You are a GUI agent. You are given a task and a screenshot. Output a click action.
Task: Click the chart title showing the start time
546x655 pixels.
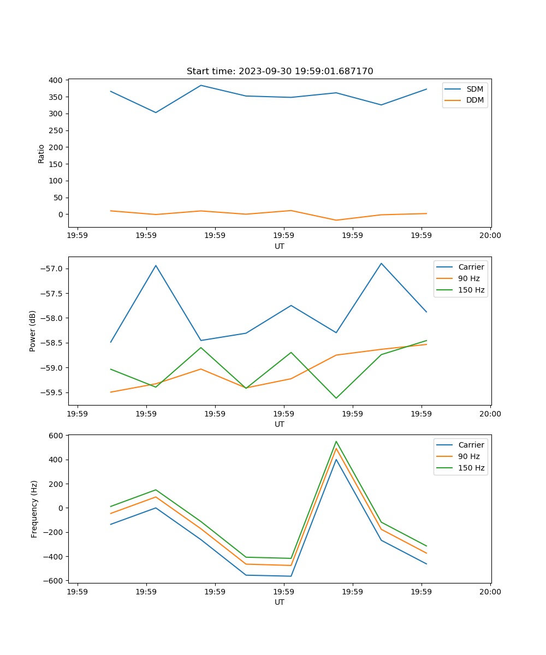tap(280, 72)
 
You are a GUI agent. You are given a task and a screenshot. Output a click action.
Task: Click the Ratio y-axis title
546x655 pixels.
tap(41, 153)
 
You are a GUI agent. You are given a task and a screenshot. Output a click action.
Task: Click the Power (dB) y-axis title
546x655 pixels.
tap(33, 331)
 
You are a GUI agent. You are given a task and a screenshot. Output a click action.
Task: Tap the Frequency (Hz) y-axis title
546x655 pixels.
tap(34, 509)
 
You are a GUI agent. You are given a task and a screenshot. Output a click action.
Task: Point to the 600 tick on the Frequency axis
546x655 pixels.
tap(57, 436)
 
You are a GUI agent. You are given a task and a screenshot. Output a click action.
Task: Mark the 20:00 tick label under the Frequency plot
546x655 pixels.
tap(490, 591)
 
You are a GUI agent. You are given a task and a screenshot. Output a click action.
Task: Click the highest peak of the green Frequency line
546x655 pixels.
tap(336, 442)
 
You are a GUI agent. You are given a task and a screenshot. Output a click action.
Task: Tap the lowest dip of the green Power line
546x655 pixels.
tap(336, 398)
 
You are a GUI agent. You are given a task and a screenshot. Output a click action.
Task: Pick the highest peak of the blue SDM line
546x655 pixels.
tap(201, 85)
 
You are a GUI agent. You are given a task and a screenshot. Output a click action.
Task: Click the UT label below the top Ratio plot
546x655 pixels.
tap(280, 246)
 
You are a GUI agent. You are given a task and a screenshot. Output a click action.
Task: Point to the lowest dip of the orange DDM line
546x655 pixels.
tap(336, 220)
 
